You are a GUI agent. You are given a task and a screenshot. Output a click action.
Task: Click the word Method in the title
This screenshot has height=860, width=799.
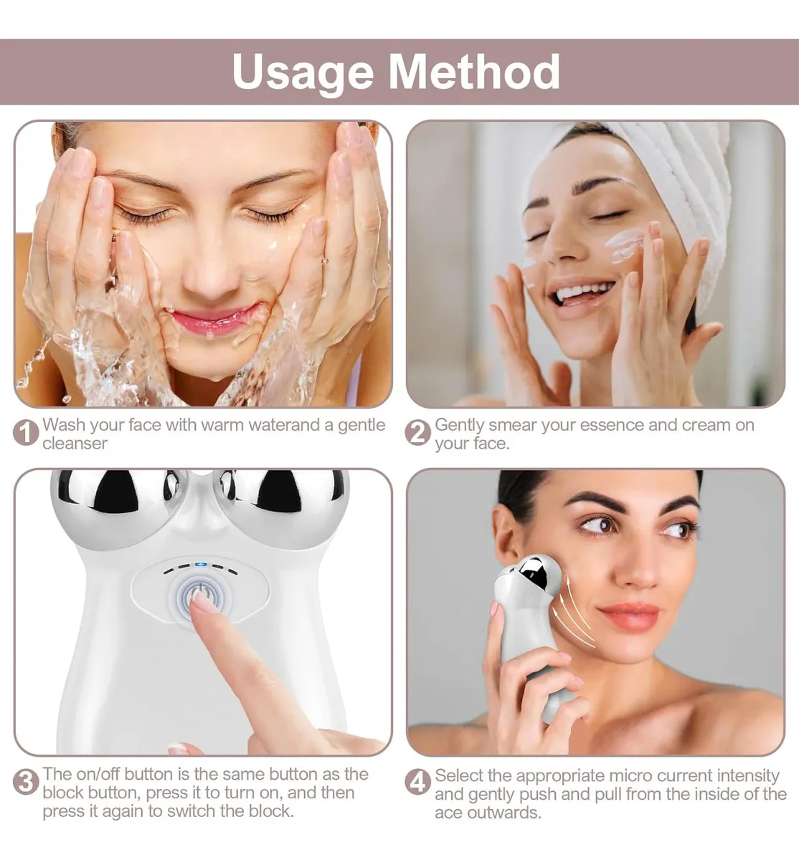(474, 72)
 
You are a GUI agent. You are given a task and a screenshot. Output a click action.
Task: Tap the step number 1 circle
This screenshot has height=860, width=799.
(26, 433)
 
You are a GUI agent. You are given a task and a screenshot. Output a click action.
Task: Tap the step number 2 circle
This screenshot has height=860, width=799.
(418, 433)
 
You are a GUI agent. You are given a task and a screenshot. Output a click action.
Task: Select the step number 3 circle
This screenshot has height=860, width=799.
(26, 782)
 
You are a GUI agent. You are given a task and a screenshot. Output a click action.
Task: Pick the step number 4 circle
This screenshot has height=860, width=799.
(418, 782)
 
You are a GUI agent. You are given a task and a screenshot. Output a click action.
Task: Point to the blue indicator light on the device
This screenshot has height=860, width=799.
(200, 565)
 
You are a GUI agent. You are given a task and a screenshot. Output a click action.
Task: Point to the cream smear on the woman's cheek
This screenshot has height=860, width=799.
(624, 245)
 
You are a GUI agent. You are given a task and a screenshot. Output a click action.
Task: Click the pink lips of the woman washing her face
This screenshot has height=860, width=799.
(214, 318)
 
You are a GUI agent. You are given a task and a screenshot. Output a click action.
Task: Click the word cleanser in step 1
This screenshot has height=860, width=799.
(75, 444)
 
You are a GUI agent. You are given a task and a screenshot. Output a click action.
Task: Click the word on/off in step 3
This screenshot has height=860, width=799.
(97, 774)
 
